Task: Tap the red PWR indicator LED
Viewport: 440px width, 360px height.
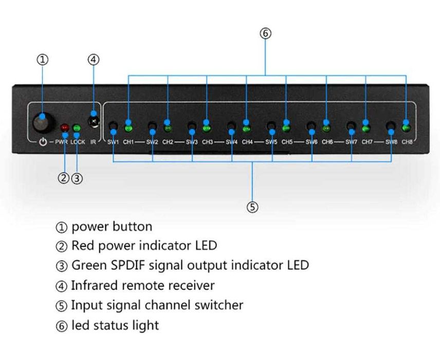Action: point(65,128)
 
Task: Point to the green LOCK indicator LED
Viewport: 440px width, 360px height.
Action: point(77,128)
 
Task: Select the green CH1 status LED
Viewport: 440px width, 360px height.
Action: point(129,127)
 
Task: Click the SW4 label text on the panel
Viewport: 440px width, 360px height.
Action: point(231,141)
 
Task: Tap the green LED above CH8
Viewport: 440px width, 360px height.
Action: point(406,127)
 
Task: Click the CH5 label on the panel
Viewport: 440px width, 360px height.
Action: point(286,141)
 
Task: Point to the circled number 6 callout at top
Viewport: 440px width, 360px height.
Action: point(265,33)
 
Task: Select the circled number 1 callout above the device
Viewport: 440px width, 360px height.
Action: point(43,60)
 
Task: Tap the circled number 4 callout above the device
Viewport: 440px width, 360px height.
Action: point(93,60)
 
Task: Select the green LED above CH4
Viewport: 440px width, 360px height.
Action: point(247,127)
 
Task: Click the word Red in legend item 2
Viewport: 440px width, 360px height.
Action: point(81,246)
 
